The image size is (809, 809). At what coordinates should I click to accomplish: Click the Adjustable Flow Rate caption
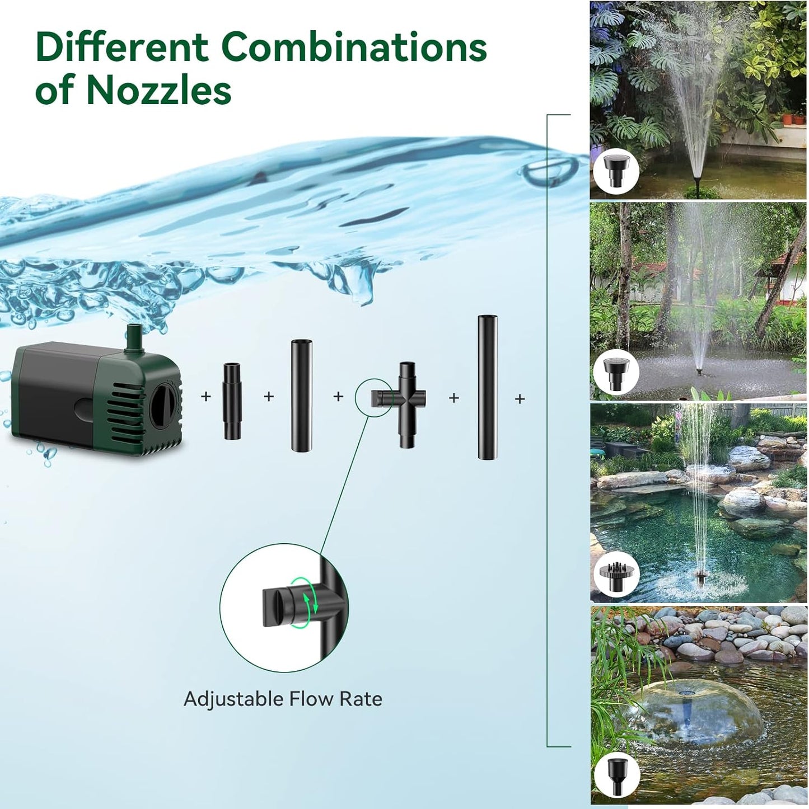click(x=283, y=699)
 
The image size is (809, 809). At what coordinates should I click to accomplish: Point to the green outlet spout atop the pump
click(x=133, y=336)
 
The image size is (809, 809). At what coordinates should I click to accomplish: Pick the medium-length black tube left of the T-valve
click(x=301, y=396)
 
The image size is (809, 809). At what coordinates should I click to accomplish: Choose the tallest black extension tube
click(x=488, y=388)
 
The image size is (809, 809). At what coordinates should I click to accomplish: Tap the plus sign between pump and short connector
click(x=206, y=397)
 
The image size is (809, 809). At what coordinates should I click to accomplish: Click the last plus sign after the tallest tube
click(x=520, y=399)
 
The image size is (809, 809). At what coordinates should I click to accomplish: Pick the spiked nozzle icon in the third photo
click(x=615, y=574)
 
